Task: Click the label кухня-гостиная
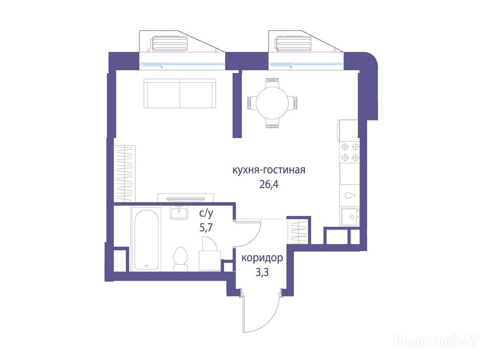(x=268, y=170)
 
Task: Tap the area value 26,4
(x=269, y=184)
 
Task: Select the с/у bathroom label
(x=206, y=213)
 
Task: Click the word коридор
(x=262, y=258)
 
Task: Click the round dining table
(x=273, y=103)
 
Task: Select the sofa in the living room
(x=180, y=93)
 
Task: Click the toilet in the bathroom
(x=181, y=259)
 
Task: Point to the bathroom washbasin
(x=179, y=213)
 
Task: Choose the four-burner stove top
(x=350, y=152)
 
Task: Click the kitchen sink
(x=350, y=217)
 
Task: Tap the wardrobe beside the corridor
(x=298, y=232)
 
